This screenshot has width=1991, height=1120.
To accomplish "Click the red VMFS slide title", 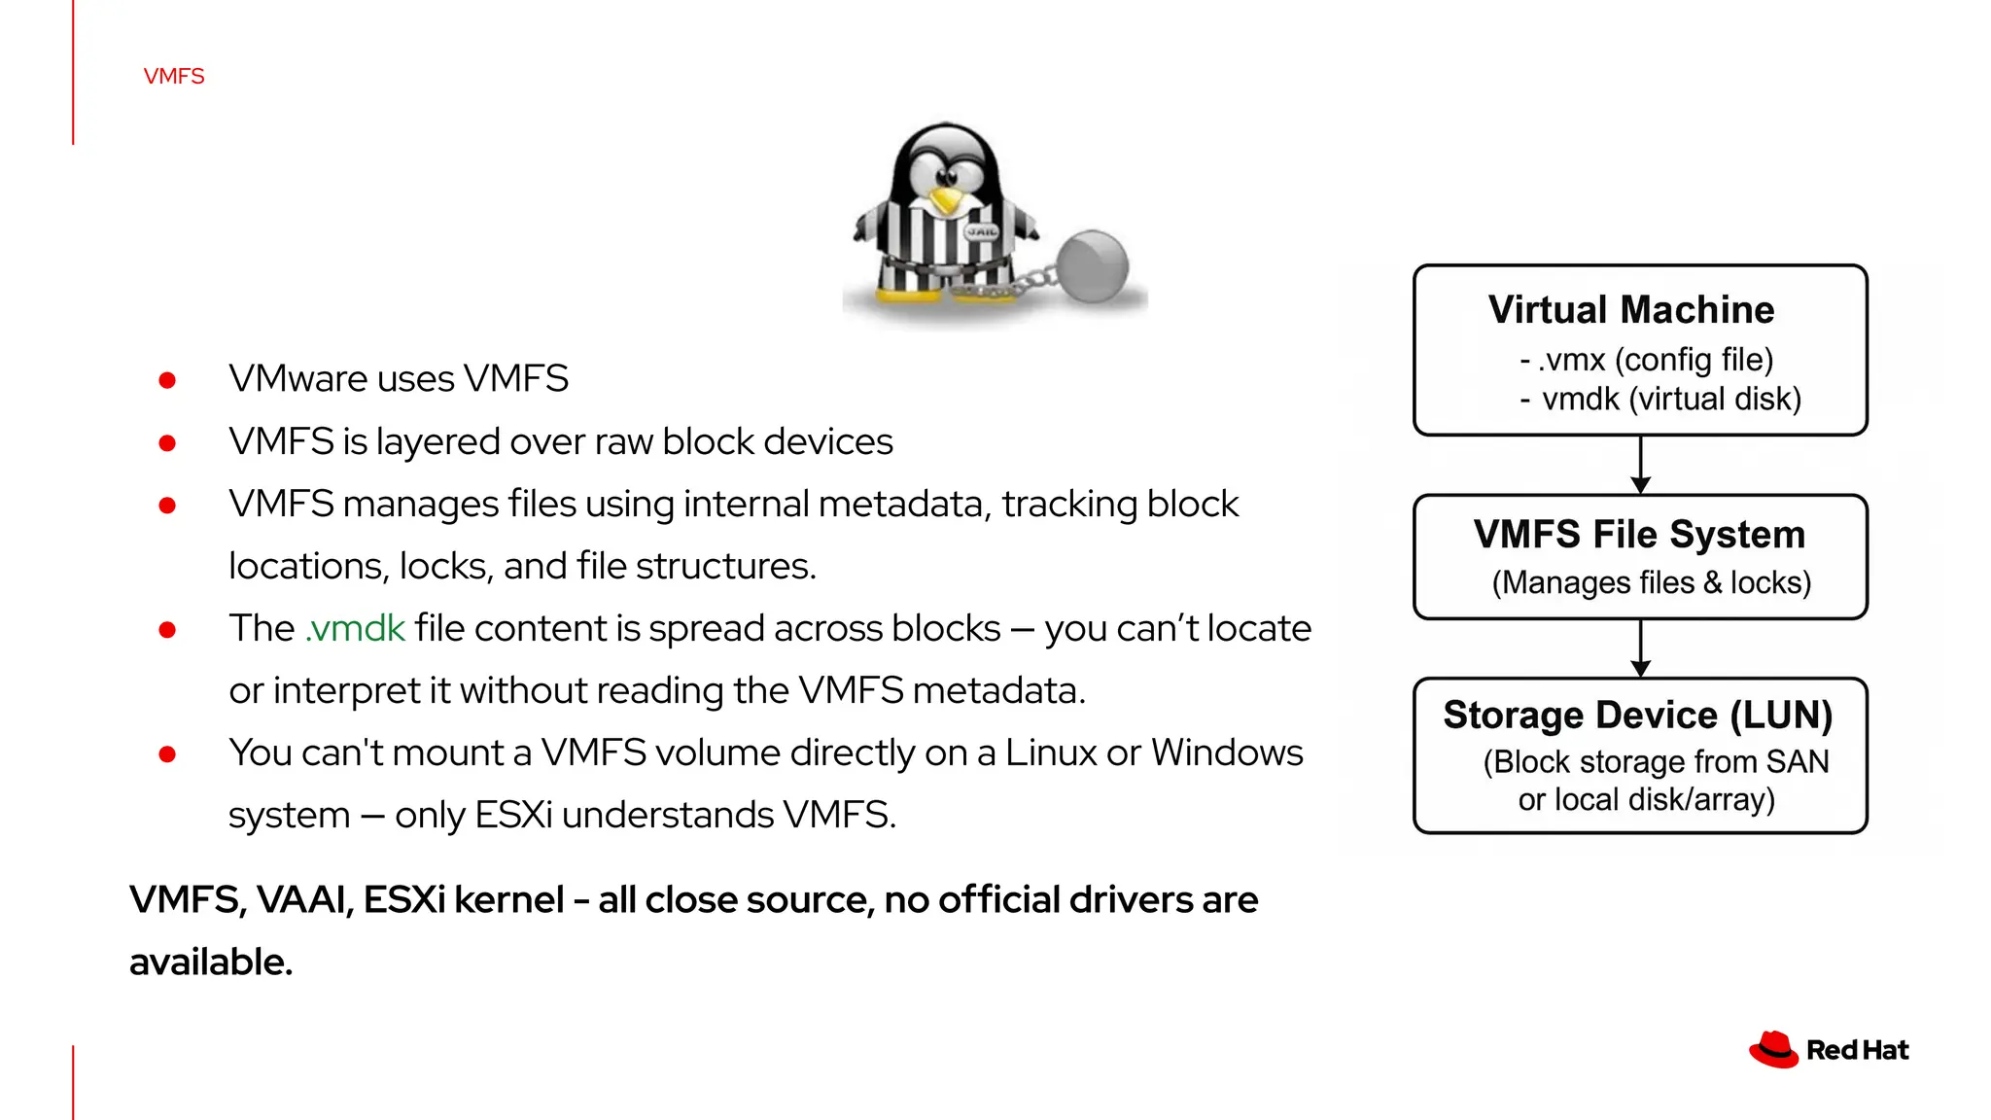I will click(174, 76).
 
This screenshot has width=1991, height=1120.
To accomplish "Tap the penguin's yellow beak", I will click(944, 201).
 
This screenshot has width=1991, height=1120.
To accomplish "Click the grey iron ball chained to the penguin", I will click(1092, 265).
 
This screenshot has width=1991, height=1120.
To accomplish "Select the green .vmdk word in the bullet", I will click(355, 629).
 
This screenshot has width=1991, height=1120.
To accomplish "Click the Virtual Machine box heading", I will click(1630, 310).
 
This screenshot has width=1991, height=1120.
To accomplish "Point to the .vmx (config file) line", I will click(1646, 360).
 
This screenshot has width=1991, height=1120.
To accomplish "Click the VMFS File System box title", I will click(1639, 535).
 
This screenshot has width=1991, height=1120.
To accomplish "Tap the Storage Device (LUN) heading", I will click(1638, 716).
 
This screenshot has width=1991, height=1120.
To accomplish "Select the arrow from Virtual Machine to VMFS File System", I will click(1641, 465).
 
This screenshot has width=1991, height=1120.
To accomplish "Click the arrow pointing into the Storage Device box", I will click(1641, 648).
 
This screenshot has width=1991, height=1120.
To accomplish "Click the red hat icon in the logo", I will click(1773, 1050).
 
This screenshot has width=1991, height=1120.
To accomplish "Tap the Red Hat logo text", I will click(1857, 1051).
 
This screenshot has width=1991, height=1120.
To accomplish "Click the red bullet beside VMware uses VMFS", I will click(167, 380).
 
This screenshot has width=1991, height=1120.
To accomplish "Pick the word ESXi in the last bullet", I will click(513, 815).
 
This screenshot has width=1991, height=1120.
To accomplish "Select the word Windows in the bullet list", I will click(1227, 753).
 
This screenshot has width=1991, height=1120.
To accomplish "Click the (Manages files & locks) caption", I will click(1651, 582).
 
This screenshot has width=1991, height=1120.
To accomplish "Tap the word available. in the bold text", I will click(211, 962).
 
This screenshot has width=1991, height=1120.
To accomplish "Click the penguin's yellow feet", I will click(906, 296).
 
